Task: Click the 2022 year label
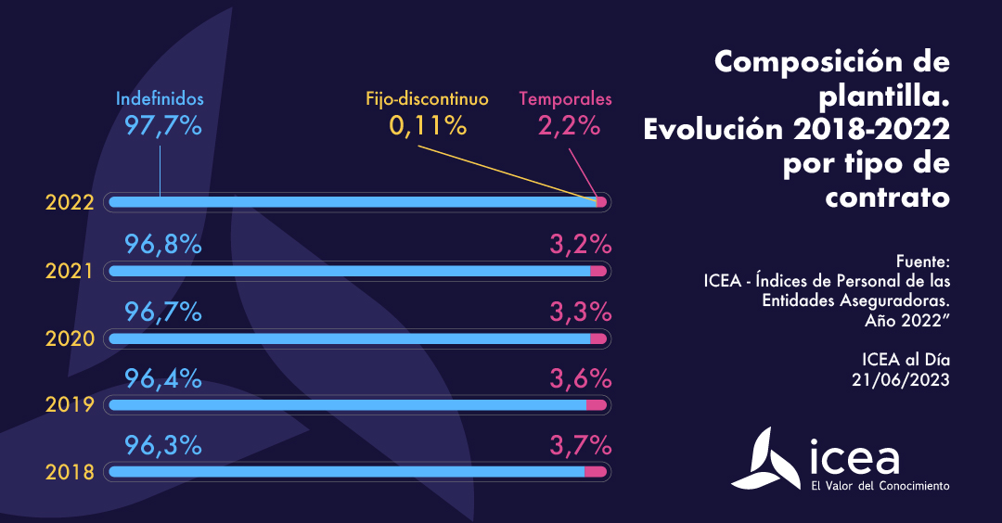point(71,203)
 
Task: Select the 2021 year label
point(71,272)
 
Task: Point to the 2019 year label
point(71,405)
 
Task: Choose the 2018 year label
point(71,472)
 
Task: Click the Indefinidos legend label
point(160,98)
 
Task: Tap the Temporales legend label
point(565,98)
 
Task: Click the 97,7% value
point(163,125)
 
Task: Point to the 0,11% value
point(427,125)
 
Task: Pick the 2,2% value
point(569,125)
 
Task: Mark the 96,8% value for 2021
point(163,245)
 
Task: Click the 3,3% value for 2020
point(580,313)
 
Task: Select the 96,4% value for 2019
point(163,378)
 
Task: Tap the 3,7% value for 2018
point(580,445)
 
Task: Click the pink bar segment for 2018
point(596,472)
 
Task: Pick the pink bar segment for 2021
point(598,271)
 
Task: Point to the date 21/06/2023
point(901,378)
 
